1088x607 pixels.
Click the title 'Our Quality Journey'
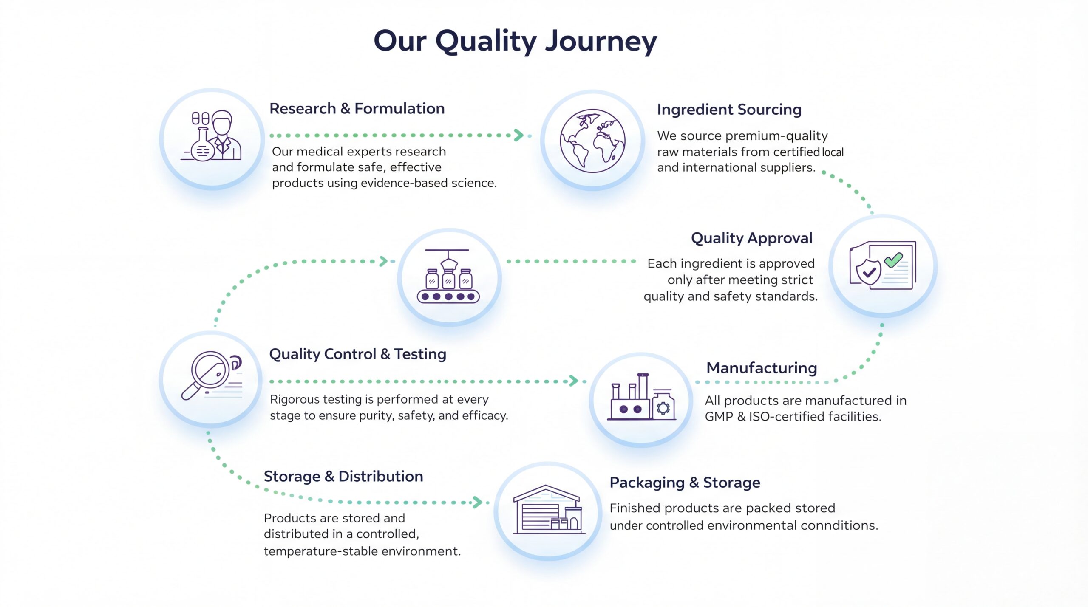[x=515, y=42]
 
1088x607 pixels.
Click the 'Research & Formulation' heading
[x=357, y=109]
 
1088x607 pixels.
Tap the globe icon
[x=592, y=141]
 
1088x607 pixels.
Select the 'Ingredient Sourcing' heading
[x=729, y=110]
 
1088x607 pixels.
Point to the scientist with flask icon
[x=212, y=136]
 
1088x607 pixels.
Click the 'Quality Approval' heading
[x=751, y=238]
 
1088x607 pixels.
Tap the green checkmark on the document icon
[x=893, y=260]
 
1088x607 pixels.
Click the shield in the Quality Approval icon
[x=868, y=272]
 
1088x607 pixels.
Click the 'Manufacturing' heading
[x=762, y=368]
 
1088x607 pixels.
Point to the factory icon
[x=641, y=398]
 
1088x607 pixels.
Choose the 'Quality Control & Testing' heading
[x=357, y=354]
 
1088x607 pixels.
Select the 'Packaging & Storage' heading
[x=685, y=483]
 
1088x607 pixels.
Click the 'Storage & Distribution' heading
[x=343, y=477]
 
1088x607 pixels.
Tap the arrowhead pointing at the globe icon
[x=518, y=136]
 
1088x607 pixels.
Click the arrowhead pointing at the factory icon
[x=574, y=381]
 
